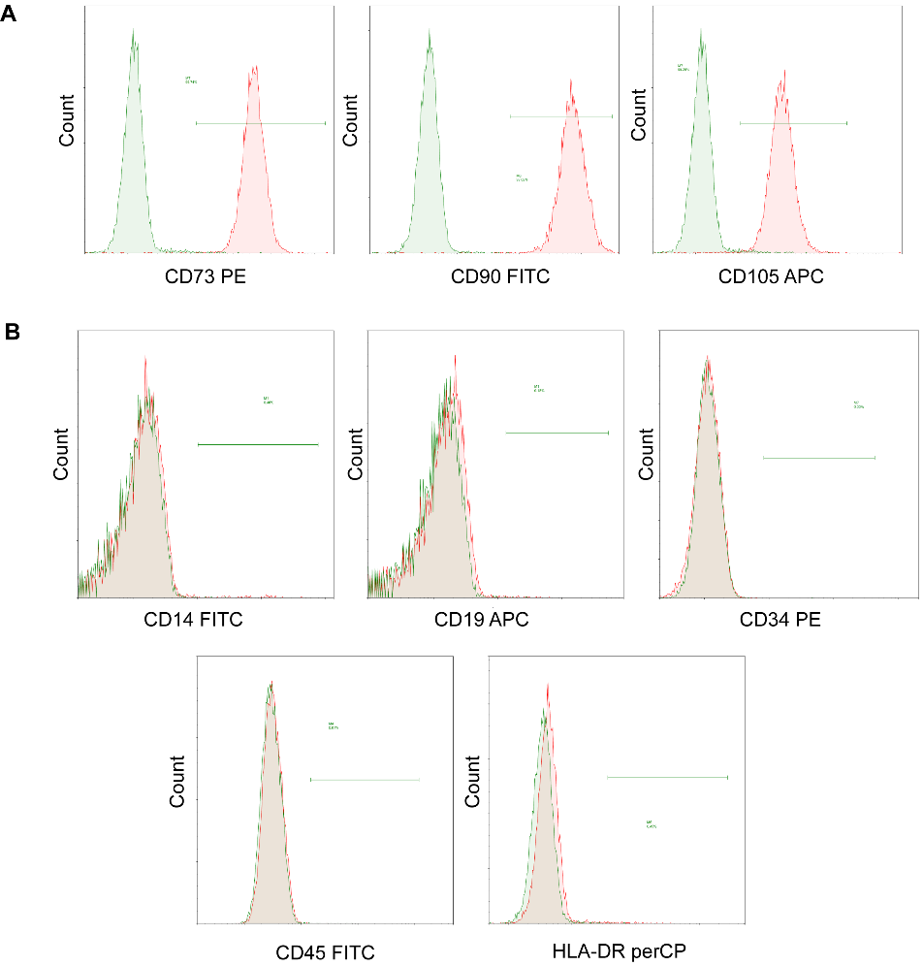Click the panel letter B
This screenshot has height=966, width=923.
(x=12, y=333)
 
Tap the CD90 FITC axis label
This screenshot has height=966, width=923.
(x=497, y=277)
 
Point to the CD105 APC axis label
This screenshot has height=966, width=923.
(x=771, y=277)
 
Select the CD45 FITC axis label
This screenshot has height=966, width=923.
(x=326, y=951)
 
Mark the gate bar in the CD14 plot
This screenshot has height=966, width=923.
(x=258, y=444)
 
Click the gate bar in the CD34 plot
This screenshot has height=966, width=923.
(x=819, y=458)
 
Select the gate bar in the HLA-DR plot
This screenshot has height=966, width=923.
(x=667, y=777)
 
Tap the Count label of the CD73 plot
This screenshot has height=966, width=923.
(x=67, y=120)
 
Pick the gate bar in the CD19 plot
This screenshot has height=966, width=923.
(x=557, y=433)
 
